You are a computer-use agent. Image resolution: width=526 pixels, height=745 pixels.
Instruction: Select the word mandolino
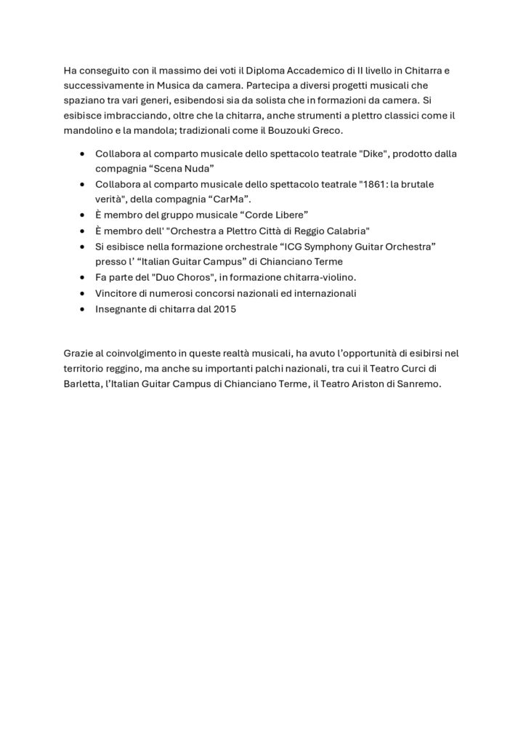[90, 130]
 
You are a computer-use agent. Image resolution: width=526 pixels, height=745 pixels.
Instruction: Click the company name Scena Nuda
[181, 169]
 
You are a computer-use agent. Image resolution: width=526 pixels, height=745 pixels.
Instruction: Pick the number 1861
[371, 184]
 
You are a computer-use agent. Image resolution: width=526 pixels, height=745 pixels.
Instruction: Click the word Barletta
[82, 384]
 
